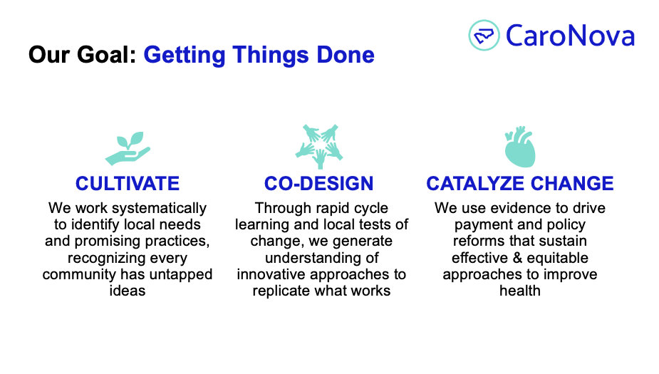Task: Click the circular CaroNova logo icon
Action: coord(484,36)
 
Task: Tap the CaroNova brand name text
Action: coord(571,36)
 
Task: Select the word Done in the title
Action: coord(346,55)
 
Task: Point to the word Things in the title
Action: coord(271,55)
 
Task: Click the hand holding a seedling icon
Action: coord(128,148)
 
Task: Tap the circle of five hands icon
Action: coord(319,146)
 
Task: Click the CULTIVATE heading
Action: coord(128,184)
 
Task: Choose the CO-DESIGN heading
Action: coord(319,184)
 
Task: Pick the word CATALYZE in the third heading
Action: coord(475,184)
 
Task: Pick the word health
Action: coord(520,291)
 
